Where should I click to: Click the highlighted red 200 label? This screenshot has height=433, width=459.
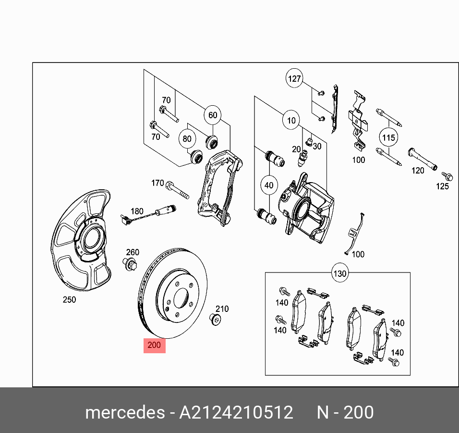click(x=155, y=345)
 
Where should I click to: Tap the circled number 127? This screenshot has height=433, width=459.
click(x=294, y=78)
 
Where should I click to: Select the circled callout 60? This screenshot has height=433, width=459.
click(x=213, y=115)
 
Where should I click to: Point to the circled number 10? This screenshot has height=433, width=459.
click(x=291, y=120)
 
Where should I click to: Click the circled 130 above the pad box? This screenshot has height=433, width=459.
click(x=339, y=274)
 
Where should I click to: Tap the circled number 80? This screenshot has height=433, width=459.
click(x=187, y=139)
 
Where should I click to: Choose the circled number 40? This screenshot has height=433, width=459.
click(x=269, y=185)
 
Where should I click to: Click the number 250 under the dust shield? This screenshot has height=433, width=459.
click(x=69, y=300)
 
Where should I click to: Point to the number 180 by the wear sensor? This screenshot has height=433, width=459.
click(x=137, y=211)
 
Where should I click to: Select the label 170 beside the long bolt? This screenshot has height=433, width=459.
click(x=157, y=183)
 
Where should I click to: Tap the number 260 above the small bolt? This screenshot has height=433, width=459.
click(x=133, y=252)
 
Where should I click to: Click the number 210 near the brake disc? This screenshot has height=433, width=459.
click(x=222, y=309)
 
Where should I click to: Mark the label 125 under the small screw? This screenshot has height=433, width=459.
click(x=442, y=186)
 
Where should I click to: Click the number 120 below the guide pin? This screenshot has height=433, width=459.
click(x=418, y=170)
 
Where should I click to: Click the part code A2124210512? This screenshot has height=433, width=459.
click(x=236, y=413)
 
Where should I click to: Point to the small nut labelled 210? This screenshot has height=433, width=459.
click(x=216, y=319)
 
